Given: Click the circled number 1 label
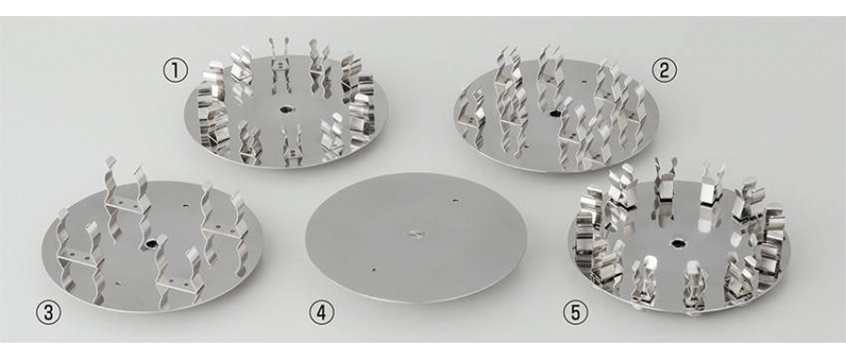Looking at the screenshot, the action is pyautogui.click(x=176, y=71).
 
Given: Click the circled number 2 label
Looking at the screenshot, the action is pyautogui.click(x=665, y=71).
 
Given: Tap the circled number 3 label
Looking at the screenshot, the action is pyautogui.click(x=48, y=314).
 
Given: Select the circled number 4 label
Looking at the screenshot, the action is pyautogui.click(x=321, y=314).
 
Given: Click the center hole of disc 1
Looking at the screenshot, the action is pyautogui.click(x=285, y=110).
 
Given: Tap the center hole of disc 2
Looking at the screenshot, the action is pyautogui.click(x=555, y=114).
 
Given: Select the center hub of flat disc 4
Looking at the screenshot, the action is pyautogui.click(x=415, y=234).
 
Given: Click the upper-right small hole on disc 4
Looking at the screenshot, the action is pyautogui.click(x=455, y=201).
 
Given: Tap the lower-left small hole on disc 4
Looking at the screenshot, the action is pyautogui.click(x=374, y=268).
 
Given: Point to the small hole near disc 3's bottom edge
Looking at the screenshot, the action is pyautogui.click(x=117, y=282).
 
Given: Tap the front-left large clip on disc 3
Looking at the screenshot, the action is pyautogui.click(x=81, y=254).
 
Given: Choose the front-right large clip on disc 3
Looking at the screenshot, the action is pyautogui.click(x=179, y=274).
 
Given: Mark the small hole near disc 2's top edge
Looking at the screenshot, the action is pyautogui.click(x=585, y=84).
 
